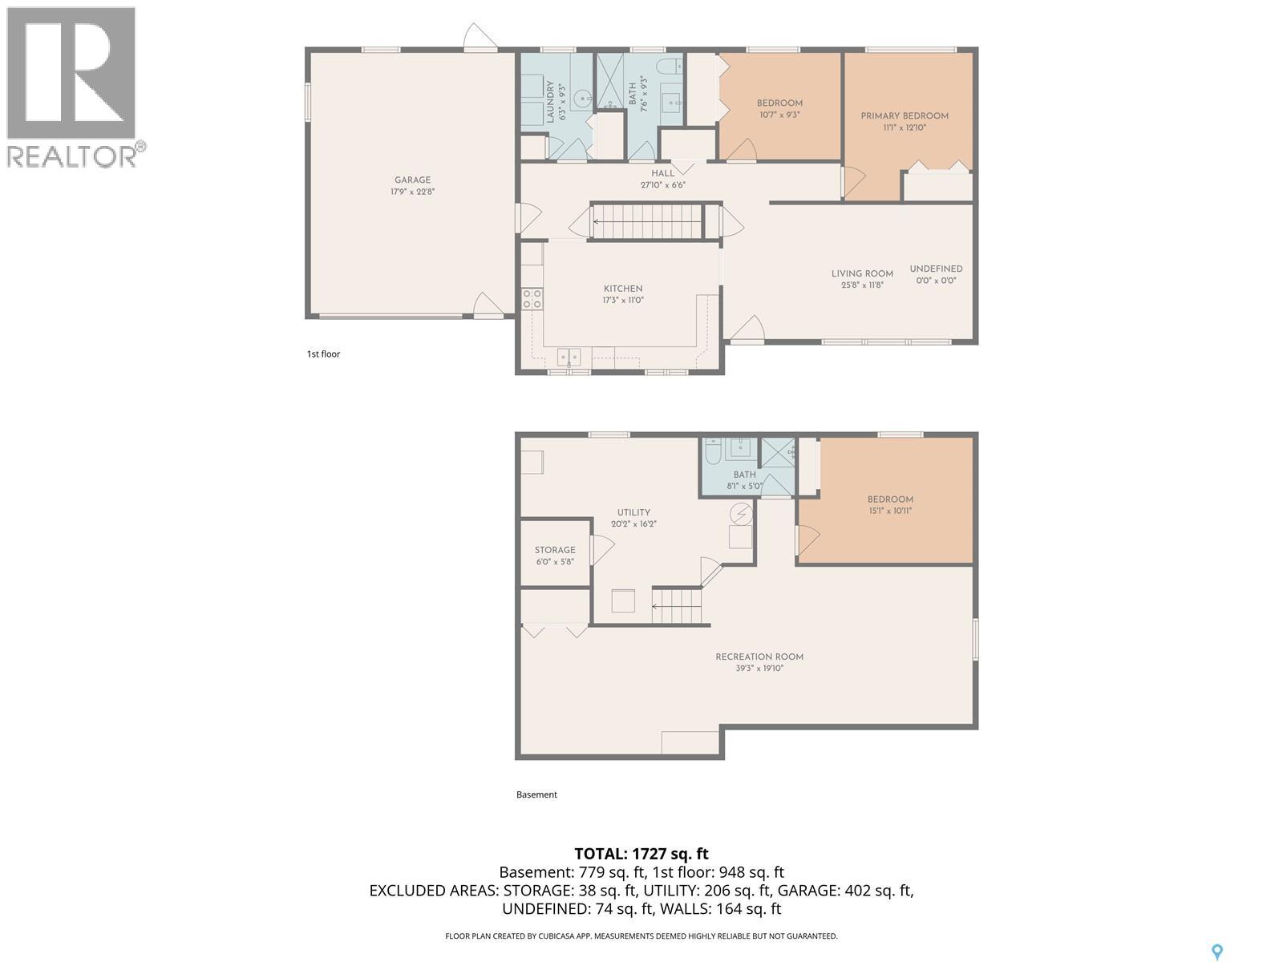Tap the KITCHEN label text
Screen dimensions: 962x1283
click(x=623, y=289)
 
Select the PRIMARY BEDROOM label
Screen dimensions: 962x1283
click(x=905, y=116)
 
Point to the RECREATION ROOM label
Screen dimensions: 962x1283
click(x=759, y=657)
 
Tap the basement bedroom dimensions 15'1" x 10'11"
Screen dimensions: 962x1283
click(x=890, y=511)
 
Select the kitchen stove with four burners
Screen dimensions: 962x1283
click(x=532, y=299)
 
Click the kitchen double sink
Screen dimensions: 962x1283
click(x=569, y=355)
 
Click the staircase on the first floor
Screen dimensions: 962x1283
click(x=648, y=220)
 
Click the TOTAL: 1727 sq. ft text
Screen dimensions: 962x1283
click(x=641, y=854)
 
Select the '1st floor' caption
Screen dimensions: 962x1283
click(x=323, y=354)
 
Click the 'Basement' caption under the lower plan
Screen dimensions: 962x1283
click(x=536, y=794)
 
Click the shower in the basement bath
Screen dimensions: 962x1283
click(x=777, y=453)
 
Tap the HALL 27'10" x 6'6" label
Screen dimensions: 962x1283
click(x=662, y=179)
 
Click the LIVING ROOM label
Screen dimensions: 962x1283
click(x=862, y=273)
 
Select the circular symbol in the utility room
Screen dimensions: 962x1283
click(x=742, y=512)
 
